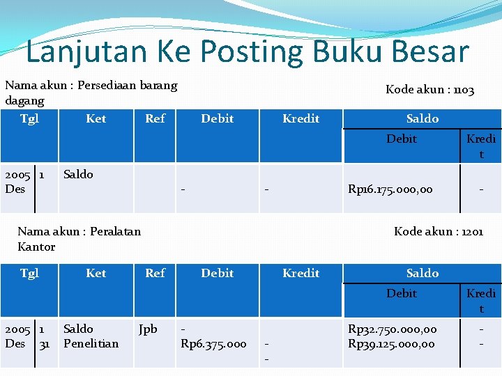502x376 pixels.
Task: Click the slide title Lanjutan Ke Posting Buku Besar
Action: pyautogui.click(x=248, y=52)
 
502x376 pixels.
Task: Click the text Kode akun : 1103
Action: pyautogui.click(x=429, y=90)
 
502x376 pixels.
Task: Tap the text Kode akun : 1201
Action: pyautogui.click(x=438, y=231)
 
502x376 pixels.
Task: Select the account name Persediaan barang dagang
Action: pyautogui.click(x=91, y=93)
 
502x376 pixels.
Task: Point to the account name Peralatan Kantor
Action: pyautogui.click(x=78, y=239)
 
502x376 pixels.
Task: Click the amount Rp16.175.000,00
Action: pyautogui.click(x=390, y=189)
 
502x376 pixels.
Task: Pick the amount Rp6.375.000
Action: pyautogui.click(x=213, y=343)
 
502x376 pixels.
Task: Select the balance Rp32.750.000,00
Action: pyautogui.click(x=392, y=329)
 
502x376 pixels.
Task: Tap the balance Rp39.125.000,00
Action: pyautogui.click(x=392, y=343)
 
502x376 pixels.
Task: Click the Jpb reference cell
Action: pyautogui.click(x=148, y=329)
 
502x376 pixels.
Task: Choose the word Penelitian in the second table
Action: pyautogui.click(x=91, y=343)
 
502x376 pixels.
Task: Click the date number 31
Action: pyautogui.click(x=45, y=343)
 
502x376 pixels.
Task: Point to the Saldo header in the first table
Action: pyautogui.click(x=423, y=118)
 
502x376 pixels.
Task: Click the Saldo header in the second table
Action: pyautogui.click(x=423, y=273)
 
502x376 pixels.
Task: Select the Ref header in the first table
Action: pyautogui.click(x=155, y=118)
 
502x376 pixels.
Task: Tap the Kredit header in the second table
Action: pyautogui.click(x=301, y=273)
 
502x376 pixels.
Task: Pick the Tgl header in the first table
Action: pyautogui.click(x=29, y=118)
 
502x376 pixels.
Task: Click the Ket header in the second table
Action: pyautogui.click(x=96, y=273)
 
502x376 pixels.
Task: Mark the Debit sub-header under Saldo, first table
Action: pyautogui.click(x=402, y=139)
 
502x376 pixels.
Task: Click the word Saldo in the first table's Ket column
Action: pyautogui.click(x=78, y=174)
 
